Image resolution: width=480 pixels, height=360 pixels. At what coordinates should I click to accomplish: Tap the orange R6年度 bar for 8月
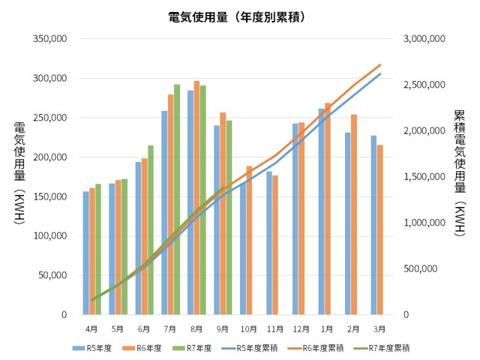click(196, 198)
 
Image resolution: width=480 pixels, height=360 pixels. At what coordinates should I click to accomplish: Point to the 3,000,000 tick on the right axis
click(424, 39)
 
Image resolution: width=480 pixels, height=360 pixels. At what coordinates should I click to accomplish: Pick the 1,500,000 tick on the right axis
click(424, 177)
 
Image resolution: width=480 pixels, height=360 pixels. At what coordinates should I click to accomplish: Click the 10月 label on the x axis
click(248, 329)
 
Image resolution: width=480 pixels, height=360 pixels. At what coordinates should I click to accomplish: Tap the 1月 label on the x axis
click(327, 329)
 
